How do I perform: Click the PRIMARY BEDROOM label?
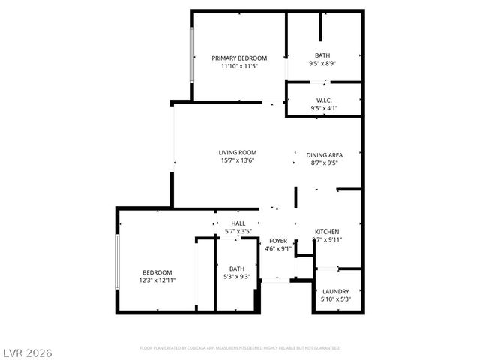coord(239,58)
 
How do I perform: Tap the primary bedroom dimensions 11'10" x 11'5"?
coord(239,67)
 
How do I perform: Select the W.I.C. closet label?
coord(324,100)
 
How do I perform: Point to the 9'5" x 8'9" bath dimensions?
coord(322,64)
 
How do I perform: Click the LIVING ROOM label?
coord(238,152)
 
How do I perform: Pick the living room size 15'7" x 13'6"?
coord(238,160)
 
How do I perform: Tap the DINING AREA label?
coord(324,155)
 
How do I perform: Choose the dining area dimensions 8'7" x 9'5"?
coord(324,163)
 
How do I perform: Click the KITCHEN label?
coord(327,232)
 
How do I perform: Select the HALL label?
coord(238,223)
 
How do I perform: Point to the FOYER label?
coord(279,241)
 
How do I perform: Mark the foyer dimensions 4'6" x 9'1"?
coord(279,248)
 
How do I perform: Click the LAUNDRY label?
coord(335,291)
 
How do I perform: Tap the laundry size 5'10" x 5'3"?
coord(335,299)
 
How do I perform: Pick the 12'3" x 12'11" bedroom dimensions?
coord(157,280)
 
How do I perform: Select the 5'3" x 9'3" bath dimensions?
coord(237,277)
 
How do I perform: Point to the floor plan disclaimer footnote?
coord(240,348)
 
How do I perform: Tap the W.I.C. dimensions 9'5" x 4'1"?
coord(324,108)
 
